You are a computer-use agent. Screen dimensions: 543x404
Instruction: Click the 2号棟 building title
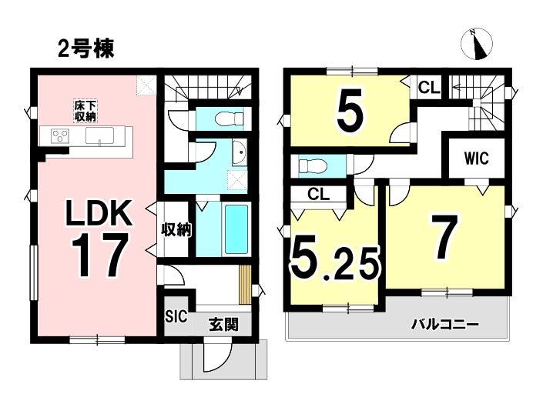(x=85, y=49)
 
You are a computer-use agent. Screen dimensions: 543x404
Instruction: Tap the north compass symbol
(x=477, y=45)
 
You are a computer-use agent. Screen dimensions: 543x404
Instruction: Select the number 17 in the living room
(x=99, y=255)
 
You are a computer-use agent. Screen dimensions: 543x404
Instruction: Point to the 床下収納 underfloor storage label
(x=85, y=111)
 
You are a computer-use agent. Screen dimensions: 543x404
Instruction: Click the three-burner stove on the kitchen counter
(x=60, y=135)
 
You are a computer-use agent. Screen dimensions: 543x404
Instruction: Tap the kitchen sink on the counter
(x=99, y=135)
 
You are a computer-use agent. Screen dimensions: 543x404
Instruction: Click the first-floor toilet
(x=230, y=119)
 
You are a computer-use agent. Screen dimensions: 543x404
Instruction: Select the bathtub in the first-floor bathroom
(x=237, y=229)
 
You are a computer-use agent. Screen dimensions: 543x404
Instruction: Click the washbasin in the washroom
(x=240, y=152)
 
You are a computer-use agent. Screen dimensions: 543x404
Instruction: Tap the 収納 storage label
(x=176, y=229)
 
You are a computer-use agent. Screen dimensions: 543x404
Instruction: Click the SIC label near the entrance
(x=176, y=316)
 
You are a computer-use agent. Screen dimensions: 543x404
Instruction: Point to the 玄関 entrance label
(x=223, y=325)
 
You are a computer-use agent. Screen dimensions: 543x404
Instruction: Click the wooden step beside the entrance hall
(x=245, y=285)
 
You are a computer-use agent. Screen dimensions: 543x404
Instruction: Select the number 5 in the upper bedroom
(x=350, y=108)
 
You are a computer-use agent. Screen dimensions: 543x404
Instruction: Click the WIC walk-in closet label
(x=477, y=159)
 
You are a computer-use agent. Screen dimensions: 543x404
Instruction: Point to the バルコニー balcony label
(x=445, y=325)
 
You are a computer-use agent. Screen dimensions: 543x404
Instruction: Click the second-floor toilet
(x=313, y=165)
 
